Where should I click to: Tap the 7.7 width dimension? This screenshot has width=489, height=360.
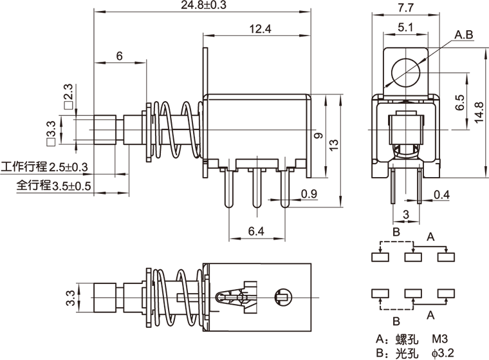tap(405, 7)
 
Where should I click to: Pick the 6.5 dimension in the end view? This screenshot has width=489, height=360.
tap(459, 103)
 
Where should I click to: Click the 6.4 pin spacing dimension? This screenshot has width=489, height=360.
tap(256, 230)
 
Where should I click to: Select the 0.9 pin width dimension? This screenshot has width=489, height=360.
tap(308, 193)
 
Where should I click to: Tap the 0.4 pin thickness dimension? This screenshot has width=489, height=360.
tap(441, 194)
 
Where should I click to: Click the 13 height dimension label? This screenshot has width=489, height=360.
tap(332, 146)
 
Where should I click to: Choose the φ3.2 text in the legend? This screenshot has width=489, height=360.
tap(443, 352)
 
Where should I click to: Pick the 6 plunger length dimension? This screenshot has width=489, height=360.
tap(119, 56)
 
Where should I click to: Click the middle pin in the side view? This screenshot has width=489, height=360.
tap(256, 187)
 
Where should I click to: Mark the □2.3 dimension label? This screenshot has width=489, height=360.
tap(68, 96)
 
